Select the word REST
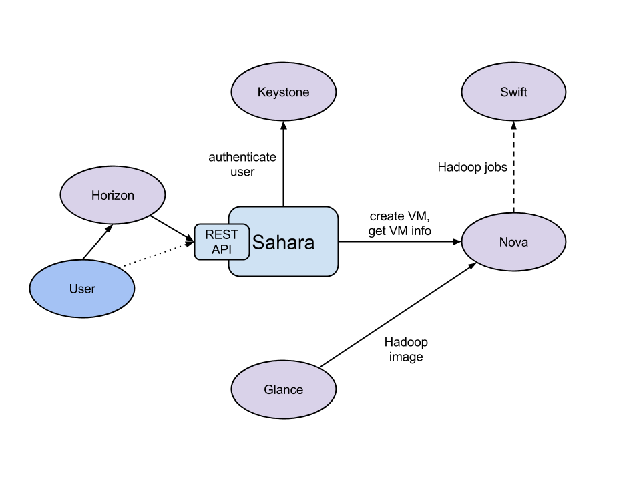click(222, 235)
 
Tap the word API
click(221, 250)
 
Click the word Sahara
click(283, 243)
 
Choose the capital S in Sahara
click(258, 243)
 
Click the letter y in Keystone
click(276, 94)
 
